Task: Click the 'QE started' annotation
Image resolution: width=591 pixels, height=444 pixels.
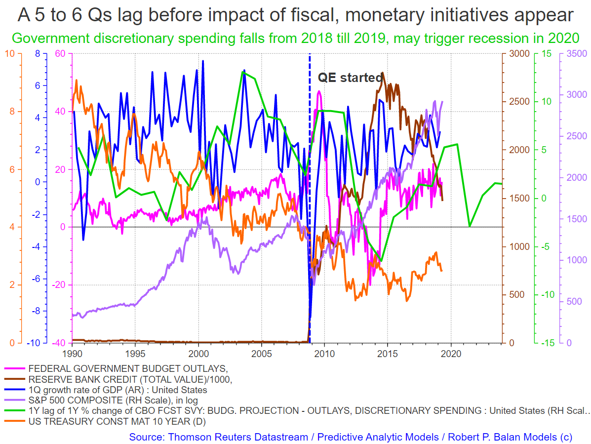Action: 351,77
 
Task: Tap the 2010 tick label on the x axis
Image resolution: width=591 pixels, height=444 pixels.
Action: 324,354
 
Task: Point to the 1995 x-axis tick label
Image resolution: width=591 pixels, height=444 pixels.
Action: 135,354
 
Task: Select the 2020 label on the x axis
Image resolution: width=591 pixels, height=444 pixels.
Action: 451,354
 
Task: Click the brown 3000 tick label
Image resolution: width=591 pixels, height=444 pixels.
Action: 520,53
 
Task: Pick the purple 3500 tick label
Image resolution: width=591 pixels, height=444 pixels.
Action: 577,53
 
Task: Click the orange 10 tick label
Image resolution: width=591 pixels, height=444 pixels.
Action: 10,53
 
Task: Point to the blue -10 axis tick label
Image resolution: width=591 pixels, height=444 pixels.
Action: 33,343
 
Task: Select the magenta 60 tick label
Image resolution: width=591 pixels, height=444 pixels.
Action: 60,53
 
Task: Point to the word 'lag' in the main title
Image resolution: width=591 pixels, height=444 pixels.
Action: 128,15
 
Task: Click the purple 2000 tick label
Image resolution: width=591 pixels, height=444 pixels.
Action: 577,177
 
